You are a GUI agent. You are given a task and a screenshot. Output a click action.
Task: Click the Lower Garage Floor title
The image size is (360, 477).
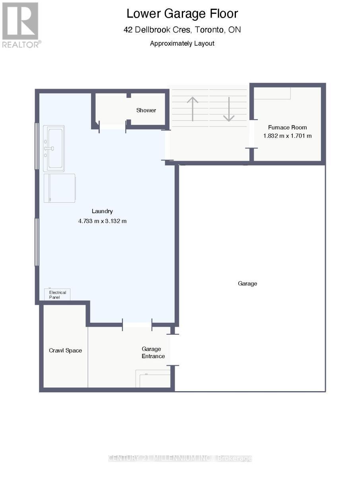point(182,14)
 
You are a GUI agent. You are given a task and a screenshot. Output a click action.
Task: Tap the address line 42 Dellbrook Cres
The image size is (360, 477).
point(182,30)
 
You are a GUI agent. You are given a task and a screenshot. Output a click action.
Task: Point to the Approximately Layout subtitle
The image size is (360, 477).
point(182,43)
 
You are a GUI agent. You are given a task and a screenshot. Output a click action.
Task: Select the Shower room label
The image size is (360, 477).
point(146,110)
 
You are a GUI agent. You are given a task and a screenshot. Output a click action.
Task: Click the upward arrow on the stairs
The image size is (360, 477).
point(193,109)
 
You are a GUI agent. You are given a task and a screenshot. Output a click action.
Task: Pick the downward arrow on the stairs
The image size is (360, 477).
point(229,109)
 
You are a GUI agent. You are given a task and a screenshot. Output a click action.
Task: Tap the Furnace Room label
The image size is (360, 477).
point(287,128)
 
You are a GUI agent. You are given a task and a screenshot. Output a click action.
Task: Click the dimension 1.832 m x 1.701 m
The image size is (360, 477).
point(287,136)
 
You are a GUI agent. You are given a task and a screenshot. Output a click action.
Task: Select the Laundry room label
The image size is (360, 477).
point(102,211)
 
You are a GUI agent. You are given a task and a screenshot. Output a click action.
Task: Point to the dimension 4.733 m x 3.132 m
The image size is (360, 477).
point(102,221)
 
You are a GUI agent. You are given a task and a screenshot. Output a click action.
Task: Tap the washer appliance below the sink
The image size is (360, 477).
point(60,188)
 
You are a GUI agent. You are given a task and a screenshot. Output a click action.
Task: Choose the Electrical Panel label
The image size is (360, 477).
point(57,295)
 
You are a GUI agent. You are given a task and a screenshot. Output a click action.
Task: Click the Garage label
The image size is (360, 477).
point(247,283)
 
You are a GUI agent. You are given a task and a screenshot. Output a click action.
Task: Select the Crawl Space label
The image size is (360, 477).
point(65,350)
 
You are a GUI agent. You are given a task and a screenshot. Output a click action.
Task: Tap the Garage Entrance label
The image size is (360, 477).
point(153,352)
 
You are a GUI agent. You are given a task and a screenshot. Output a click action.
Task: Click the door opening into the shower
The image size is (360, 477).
point(113,126)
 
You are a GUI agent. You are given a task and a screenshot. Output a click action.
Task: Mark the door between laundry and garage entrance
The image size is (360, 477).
point(137,325)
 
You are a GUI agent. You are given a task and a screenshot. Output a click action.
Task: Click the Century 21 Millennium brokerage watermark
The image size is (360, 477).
point(180,458)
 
